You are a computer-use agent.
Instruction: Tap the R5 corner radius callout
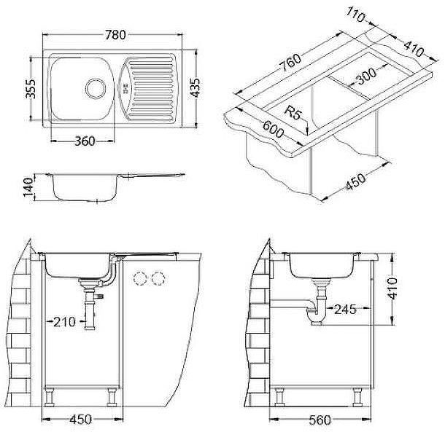tap(295, 114)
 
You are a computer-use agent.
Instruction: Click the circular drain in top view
tap(94, 88)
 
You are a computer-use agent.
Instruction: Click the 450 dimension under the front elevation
tap(80, 420)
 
